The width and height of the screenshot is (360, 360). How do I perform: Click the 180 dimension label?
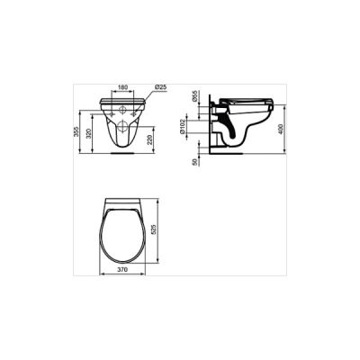point(123,87)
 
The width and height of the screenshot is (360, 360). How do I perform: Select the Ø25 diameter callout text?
point(160,87)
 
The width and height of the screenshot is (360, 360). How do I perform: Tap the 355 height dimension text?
point(76,132)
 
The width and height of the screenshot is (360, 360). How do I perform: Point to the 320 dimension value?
point(88,134)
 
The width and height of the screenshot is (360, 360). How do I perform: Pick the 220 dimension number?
point(150,139)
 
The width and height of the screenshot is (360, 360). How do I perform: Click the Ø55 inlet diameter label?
point(194,96)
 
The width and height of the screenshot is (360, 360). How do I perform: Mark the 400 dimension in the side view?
point(281,129)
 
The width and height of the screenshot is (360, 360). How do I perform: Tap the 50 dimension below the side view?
point(194,162)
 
